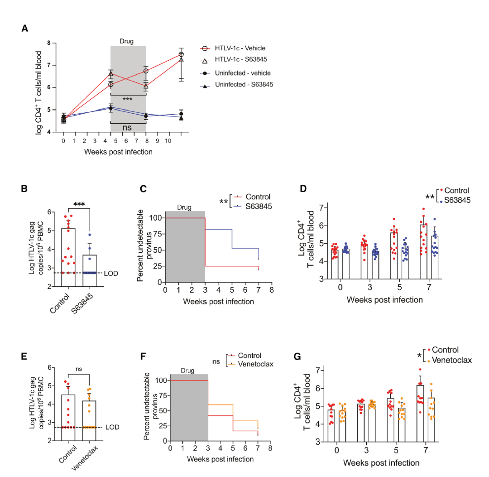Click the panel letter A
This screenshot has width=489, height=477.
[25, 29]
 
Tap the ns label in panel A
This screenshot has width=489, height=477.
[127, 128]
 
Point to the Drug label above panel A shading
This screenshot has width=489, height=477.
[127, 41]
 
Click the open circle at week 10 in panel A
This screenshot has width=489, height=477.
[181, 54]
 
